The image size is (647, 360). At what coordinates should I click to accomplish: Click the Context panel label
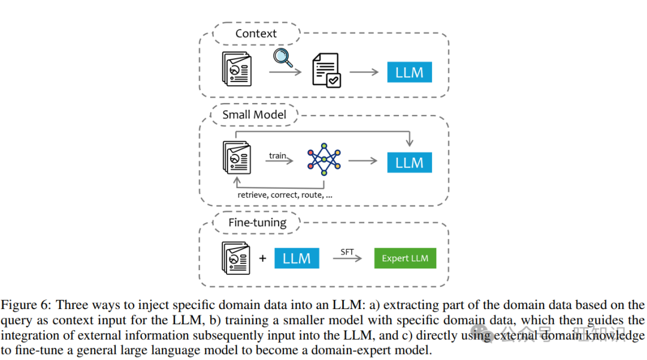pyautogui.click(x=256, y=34)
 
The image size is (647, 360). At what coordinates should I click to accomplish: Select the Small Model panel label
pyautogui.click(x=254, y=114)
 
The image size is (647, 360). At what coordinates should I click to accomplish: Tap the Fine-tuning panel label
pyautogui.click(x=257, y=223)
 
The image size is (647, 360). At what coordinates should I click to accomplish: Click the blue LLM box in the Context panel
pyautogui.click(x=409, y=72)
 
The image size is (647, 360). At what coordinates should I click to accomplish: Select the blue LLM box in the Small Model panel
pyautogui.click(x=409, y=162)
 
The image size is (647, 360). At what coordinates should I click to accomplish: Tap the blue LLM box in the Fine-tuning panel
pyautogui.click(x=297, y=258)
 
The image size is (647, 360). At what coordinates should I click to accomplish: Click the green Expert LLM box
pyautogui.click(x=405, y=258)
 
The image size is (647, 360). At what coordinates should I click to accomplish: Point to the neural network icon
pyautogui.click(x=323, y=161)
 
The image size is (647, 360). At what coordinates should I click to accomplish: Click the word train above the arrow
pyautogui.click(x=277, y=155)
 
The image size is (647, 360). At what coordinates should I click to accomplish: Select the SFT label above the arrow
pyautogui.click(x=347, y=252)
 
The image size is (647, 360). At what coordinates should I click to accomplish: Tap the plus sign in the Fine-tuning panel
pyautogui.click(x=262, y=259)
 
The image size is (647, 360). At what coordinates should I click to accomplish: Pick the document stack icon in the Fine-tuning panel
pyautogui.click(x=235, y=258)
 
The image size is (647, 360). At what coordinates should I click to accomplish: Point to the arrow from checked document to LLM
pyautogui.click(x=364, y=72)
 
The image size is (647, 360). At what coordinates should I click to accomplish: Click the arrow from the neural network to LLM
pyautogui.click(x=363, y=161)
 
